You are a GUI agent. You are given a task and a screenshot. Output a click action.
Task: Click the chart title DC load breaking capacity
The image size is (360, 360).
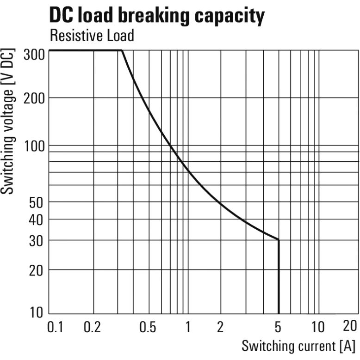coord(157,16)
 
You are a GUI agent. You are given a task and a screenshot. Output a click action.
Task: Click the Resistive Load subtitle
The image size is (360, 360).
coord(92,36)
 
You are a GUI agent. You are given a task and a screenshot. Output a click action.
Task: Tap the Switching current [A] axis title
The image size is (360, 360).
coord(298,345)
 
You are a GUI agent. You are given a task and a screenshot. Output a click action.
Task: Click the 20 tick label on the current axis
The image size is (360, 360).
coord(350,326)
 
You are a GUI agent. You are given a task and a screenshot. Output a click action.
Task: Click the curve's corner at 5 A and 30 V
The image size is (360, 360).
coord(279,239)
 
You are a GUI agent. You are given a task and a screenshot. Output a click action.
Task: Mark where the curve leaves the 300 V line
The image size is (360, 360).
coord(122,50)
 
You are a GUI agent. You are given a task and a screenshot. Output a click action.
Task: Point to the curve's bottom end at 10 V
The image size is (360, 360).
coord(279,313)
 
